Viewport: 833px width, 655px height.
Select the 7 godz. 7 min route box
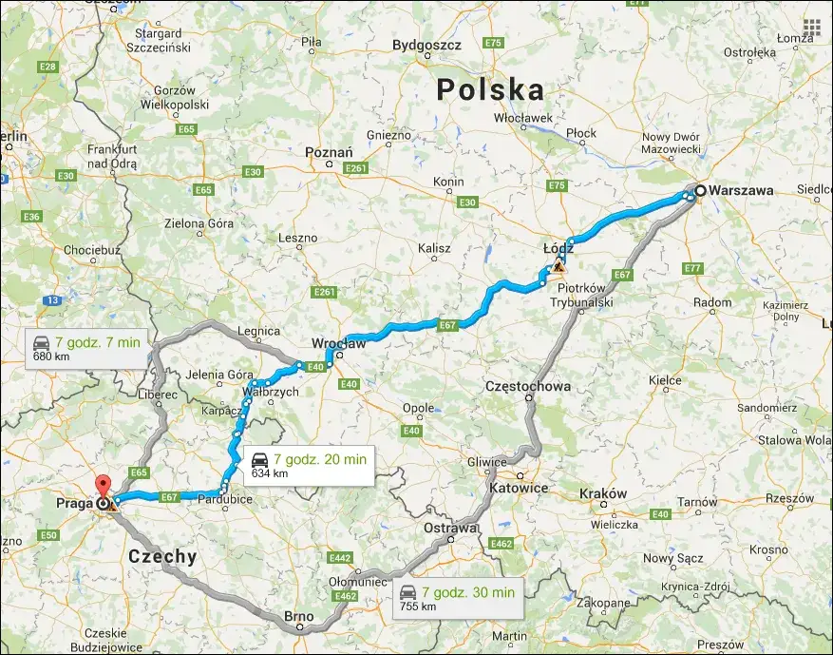[x=87, y=349]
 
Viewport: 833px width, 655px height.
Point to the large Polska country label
[x=491, y=90]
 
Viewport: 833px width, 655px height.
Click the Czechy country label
[x=162, y=557]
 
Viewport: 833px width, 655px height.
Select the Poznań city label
[x=329, y=152]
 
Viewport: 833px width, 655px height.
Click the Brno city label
[x=299, y=617]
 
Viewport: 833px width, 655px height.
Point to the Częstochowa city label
[x=527, y=387]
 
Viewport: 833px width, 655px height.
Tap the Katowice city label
[x=521, y=488]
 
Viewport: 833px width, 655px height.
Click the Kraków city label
[x=602, y=493]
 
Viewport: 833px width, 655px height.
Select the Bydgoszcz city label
[x=426, y=45]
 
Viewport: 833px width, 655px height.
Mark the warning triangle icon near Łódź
[x=558, y=268]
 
